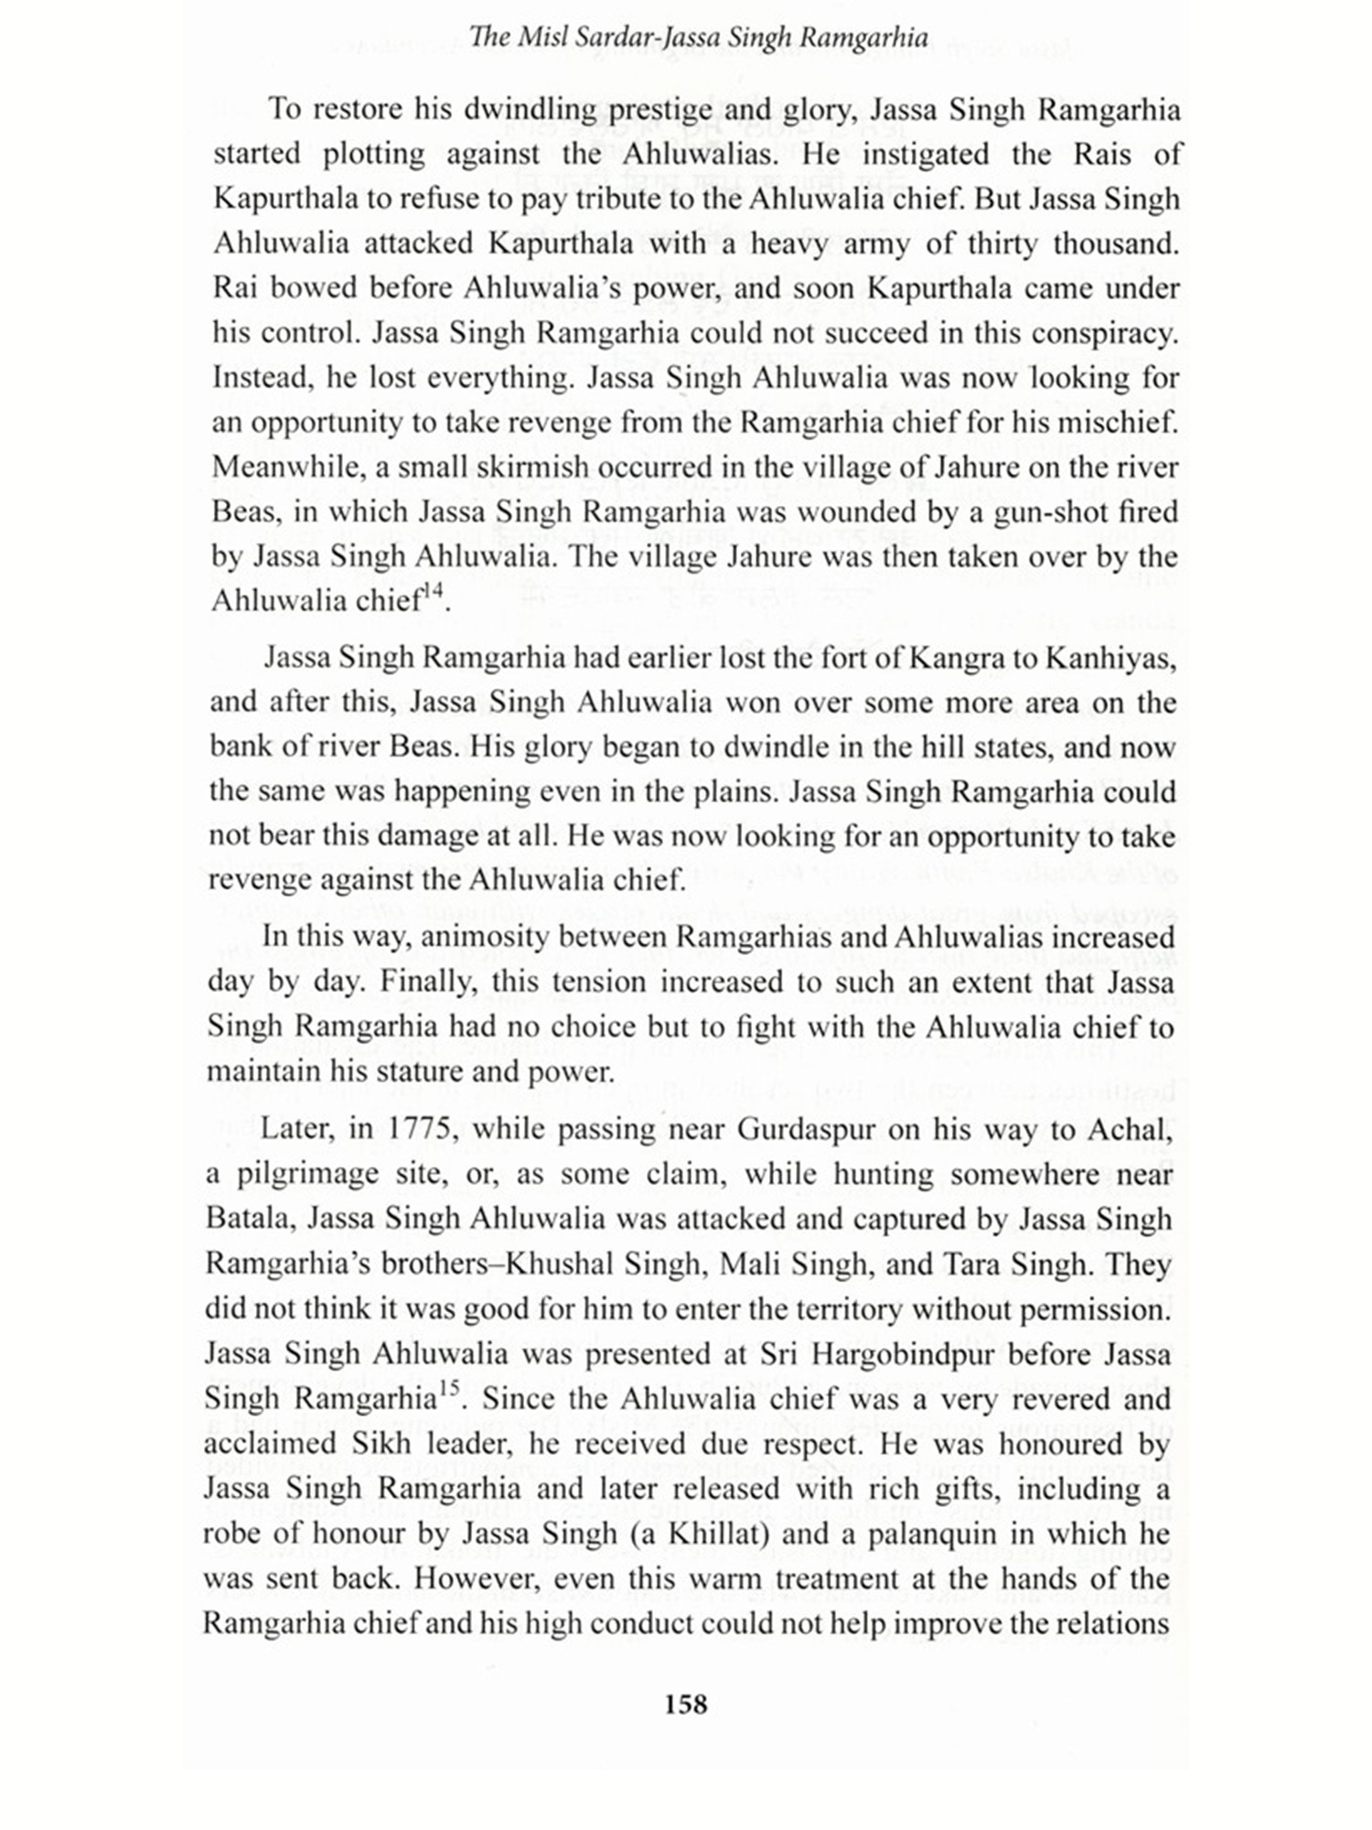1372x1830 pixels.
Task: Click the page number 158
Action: [686, 1704]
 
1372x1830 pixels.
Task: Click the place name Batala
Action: [246, 1219]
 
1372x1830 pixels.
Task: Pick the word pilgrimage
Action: [295, 1174]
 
